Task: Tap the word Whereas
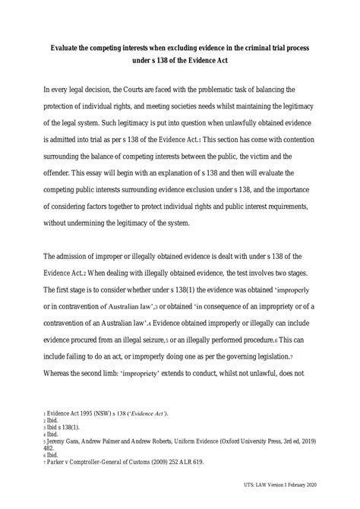click(x=62, y=374)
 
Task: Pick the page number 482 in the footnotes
click(x=52, y=448)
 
